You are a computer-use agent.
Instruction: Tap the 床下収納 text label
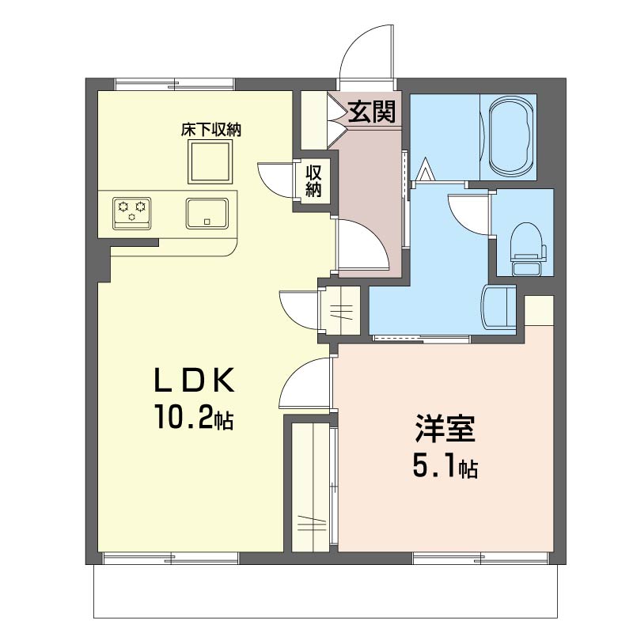pyautogui.click(x=210, y=130)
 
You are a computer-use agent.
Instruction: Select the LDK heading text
pyautogui.click(x=194, y=380)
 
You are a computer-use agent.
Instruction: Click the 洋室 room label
pyautogui.click(x=445, y=428)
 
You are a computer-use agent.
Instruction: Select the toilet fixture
pyautogui.click(x=527, y=248)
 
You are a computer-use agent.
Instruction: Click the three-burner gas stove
pyautogui.click(x=132, y=214)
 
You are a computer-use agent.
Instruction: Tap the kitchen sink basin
pyautogui.click(x=207, y=213)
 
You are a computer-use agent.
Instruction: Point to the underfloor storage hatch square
pyautogui.click(x=210, y=162)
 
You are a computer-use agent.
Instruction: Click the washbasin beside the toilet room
pyautogui.click(x=498, y=309)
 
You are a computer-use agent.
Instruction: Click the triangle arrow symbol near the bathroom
pyautogui.click(x=425, y=169)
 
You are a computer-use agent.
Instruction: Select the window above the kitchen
pyautogui.click(x=175, y=85)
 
